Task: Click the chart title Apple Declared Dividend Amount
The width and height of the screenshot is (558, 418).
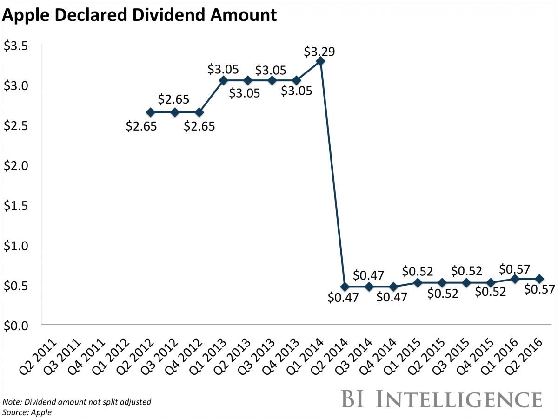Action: pos(139,15)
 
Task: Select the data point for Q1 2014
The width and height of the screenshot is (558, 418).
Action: pos(320,61)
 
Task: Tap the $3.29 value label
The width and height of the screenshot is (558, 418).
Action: pos(319,51)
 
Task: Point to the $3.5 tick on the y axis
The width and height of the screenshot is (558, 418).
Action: pos(16,46)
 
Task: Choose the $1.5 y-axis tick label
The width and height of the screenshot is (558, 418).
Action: pos(16,205)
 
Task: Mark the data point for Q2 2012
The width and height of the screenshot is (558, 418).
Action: pos(150,112)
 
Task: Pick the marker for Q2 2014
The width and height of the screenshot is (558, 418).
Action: pos(345,287)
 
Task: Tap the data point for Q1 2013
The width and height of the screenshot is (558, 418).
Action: pos(223,80)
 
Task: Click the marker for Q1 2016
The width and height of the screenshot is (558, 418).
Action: pos(515,279)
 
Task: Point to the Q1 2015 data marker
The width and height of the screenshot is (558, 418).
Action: pos(418,283)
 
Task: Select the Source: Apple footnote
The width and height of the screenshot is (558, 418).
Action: pos(27,411)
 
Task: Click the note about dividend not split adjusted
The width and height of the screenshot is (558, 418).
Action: pos(77,402)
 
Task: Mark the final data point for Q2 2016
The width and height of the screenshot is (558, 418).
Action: pos(539,279)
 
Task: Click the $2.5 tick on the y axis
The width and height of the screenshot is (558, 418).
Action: pos(16,125)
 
